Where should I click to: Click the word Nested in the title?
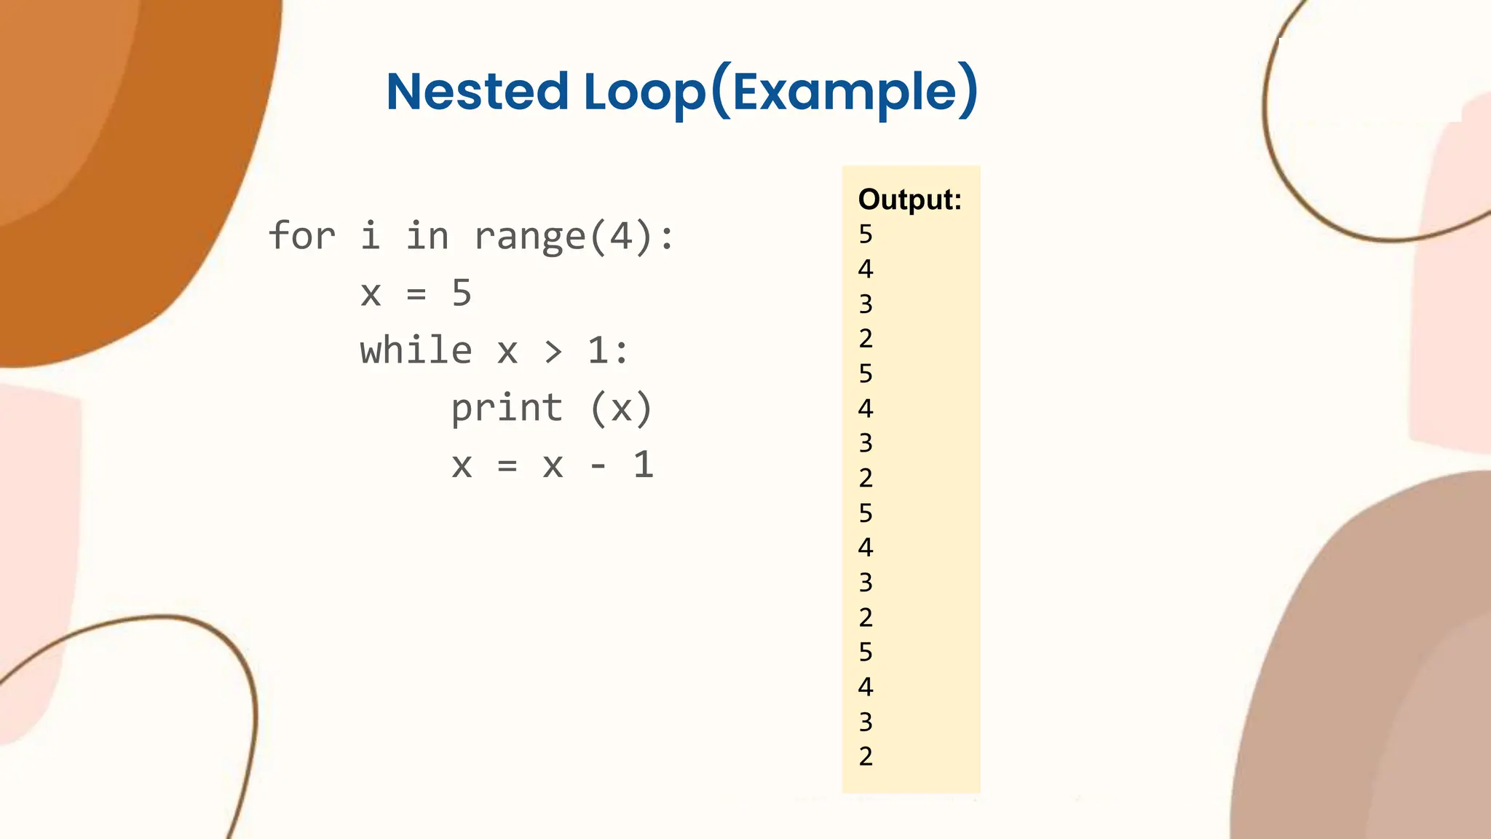coord(477,92)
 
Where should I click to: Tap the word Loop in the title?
coord(644,93)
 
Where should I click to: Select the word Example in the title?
coord(844,92)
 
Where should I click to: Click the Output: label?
coord(910,200)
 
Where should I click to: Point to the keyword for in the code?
coord(302,236)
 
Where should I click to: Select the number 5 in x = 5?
coord(462,293)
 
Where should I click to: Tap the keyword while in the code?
coord(416,350)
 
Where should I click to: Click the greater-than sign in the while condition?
coord(553,352)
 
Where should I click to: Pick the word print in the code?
coord(507,408)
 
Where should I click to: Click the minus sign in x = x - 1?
coord(598,465)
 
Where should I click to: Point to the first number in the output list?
coord(866,235)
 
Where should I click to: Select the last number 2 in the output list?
coord(866,757)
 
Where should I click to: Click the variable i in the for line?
coord(371,236)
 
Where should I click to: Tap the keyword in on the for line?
coord(427,236)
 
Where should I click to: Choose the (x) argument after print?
coord(621,408)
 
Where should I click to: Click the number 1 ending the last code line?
coord(644,465)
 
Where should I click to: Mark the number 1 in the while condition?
coord(598,350)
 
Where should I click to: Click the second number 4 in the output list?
coord(866,409)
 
